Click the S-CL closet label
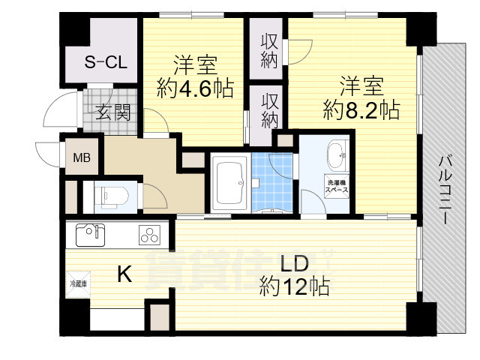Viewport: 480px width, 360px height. tap(105, 62)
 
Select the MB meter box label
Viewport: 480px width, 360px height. tap(80, 158)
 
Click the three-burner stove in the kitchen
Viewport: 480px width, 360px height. tap(149, 235)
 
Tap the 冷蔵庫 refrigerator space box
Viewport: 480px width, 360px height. tap(78, 284)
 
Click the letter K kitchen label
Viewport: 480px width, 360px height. tap(124, 275)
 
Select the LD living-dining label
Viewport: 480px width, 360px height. tap(293, 263)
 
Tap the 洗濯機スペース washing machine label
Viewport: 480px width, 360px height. tap(336, 187)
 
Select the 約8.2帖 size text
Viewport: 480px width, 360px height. tap(361, 110)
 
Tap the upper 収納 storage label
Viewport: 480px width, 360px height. tap(269, 51)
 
